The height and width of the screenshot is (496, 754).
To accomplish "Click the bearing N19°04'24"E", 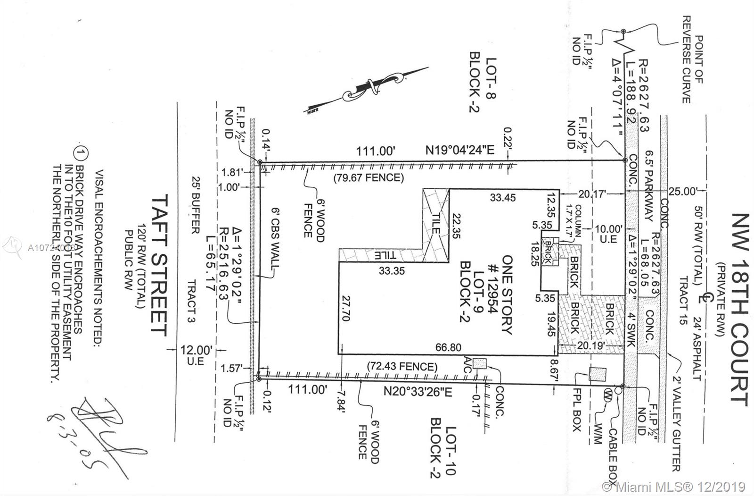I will tap(460, 151).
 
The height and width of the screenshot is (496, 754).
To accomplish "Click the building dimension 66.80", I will tap(448, 347).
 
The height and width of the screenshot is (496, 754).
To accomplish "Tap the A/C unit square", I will tap(479, 363).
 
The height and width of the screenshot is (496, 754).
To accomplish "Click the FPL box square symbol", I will tap(597, 374).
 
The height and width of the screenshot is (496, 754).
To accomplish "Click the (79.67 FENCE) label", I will tap(369, 178).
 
